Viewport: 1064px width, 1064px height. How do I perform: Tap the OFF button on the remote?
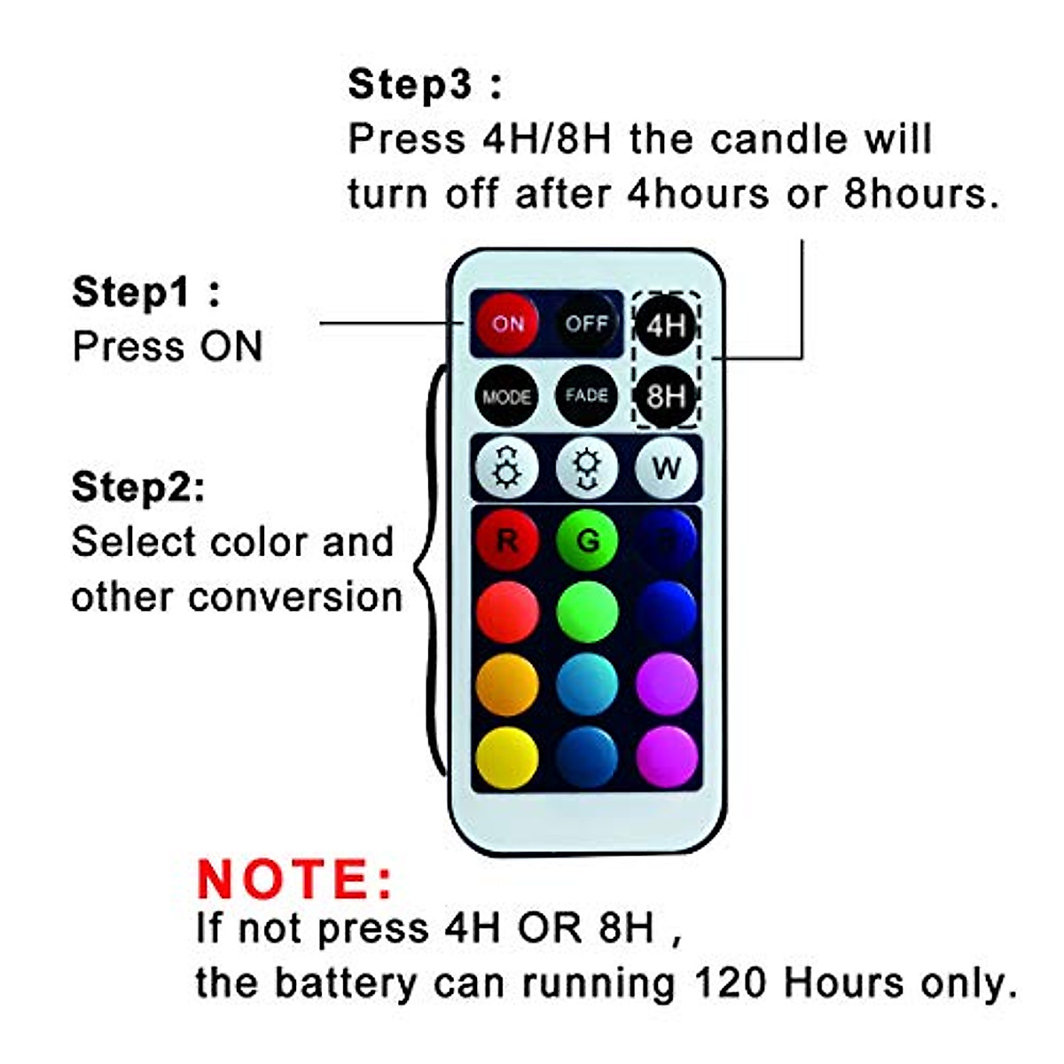586,324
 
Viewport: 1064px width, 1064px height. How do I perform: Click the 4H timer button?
666,325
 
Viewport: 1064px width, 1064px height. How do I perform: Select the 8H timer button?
666,395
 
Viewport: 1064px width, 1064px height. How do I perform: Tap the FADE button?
586,395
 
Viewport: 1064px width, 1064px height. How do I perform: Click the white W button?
666,467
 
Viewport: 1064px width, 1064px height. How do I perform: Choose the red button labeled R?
506,540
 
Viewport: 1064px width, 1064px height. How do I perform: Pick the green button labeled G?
586,540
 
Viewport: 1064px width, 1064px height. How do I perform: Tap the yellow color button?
506,758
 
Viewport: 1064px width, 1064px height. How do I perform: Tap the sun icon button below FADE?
586,467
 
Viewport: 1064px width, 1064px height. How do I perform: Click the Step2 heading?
137,487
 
